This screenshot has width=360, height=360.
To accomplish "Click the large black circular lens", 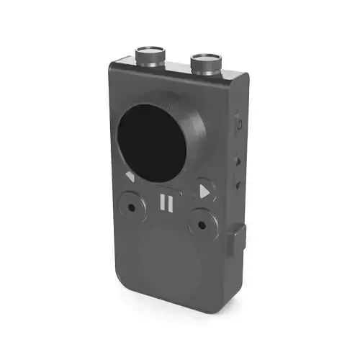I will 150,138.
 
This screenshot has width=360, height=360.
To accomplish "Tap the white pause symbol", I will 166,203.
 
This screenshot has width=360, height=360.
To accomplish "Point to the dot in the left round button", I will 131,207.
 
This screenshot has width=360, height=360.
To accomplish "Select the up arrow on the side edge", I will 237,162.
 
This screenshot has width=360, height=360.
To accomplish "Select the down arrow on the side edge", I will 237,186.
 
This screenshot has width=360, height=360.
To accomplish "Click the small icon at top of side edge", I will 237,123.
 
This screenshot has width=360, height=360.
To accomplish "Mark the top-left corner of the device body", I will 112,67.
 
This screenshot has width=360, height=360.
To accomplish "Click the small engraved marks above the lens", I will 167,103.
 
